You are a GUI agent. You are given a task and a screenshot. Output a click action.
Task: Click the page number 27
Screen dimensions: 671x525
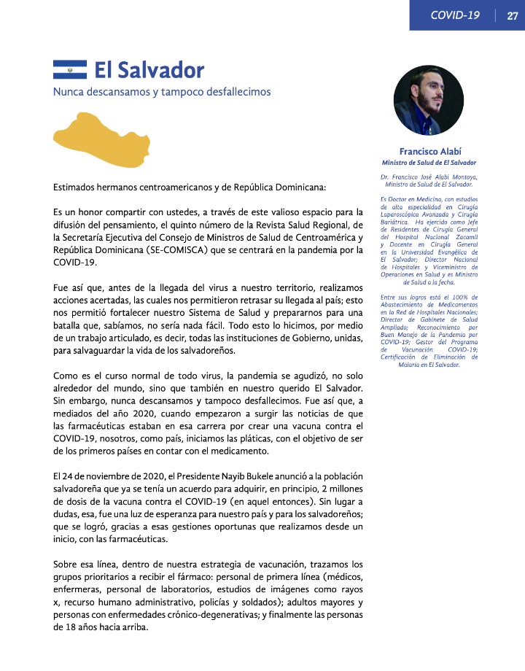pos(512,15)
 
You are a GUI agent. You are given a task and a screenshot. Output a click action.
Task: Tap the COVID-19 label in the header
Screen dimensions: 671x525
pos(454,15)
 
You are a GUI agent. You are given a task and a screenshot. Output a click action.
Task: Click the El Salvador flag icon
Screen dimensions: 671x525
pos(70,70)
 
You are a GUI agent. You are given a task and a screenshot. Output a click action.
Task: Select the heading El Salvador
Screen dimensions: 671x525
pos(149,70)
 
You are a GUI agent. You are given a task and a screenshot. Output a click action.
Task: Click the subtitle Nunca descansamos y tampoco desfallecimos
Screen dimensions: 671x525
pos(162,93)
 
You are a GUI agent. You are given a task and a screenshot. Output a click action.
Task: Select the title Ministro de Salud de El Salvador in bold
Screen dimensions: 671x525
pos(429,163)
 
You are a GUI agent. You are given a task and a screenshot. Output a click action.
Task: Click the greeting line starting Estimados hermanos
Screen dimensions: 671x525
pos(190,187)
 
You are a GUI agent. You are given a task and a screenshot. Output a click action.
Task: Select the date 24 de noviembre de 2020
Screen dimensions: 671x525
pos(108,476)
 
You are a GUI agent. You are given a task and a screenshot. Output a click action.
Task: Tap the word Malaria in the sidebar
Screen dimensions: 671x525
pos(405,364)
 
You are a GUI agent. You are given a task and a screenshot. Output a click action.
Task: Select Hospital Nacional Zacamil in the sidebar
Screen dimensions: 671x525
pos(432,237)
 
